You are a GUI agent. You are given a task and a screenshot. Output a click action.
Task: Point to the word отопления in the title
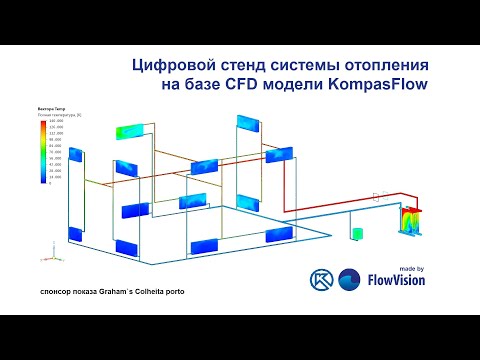[x=385, y=67]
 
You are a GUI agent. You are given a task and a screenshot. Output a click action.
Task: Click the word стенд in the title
[x=243, y=67]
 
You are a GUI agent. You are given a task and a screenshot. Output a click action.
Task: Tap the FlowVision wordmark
[x=396, y=281]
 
